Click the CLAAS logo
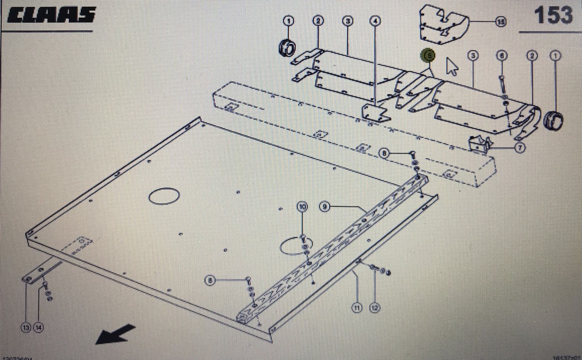pos(52,15)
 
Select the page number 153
pos(553,15)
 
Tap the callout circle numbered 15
pos(501,21)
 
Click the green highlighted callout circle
pos(428,55)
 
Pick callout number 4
pos(375,21)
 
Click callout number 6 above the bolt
pos(502,56)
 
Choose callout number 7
pos(519,147)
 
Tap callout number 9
pos(325,206)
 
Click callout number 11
pos(356,308)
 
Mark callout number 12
pos(374,308)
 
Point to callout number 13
pos(26,328)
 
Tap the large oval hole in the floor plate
pos(164,196)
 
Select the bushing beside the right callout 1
pos(553,120)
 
